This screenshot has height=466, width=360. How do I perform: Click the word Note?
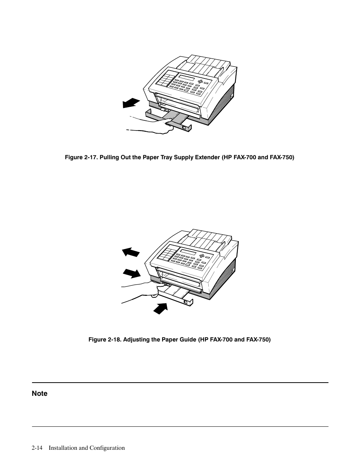click(40, 394)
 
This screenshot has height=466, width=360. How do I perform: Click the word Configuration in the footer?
click(107, 448)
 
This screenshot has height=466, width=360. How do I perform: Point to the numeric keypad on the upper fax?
click(165, 79)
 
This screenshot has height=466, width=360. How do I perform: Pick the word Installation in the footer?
click(63, 448)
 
